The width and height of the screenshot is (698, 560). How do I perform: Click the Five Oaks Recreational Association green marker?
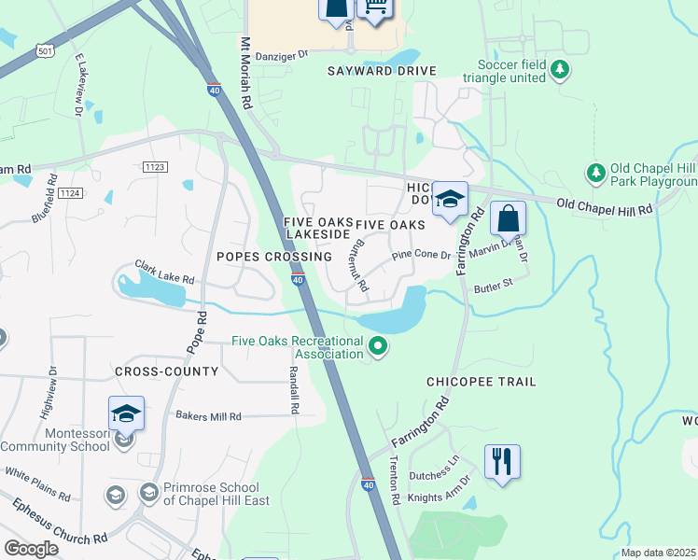[378, 347]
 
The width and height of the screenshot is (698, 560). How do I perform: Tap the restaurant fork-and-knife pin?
[502, 461]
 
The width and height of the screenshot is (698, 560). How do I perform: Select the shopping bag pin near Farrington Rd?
[508, 219]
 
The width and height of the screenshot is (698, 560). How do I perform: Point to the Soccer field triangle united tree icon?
[560, 69]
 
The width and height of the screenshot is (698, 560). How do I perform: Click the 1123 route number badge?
[155, 166]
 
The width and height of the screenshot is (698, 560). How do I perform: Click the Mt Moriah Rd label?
[246, 71]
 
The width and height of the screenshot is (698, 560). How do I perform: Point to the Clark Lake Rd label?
[164, 272]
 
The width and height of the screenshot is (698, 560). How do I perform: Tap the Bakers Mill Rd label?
[208, 416]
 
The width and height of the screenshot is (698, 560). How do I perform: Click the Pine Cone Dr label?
[421, 255]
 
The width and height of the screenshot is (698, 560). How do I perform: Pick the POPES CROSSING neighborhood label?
[273, 257]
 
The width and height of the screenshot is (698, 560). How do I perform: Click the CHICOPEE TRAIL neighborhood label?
[481, 382]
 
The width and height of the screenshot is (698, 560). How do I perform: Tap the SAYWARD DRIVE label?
[382, 71]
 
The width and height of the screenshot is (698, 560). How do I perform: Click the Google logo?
[31, 549]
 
